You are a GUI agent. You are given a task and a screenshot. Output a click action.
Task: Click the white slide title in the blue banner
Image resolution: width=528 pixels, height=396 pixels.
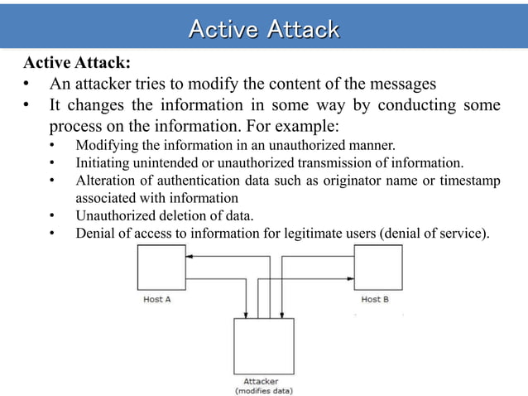pos(264,30)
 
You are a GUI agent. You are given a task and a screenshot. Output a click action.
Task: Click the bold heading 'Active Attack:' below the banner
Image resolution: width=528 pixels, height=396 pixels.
pos(77,64)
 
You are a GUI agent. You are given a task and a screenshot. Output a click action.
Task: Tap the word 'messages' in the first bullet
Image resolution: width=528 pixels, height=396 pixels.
pos(401,85)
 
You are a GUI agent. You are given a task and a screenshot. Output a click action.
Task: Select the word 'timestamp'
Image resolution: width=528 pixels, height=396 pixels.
pos(470,181)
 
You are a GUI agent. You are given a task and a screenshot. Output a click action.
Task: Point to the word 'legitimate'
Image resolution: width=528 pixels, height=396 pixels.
pos(311,234)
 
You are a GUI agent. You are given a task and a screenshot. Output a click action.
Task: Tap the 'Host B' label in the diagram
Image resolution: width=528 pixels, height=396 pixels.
pos(375,299)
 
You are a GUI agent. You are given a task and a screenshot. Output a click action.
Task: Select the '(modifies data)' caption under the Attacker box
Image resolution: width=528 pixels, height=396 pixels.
pos(264,390)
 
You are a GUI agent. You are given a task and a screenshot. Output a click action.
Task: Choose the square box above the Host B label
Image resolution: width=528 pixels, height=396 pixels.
pos(377,267)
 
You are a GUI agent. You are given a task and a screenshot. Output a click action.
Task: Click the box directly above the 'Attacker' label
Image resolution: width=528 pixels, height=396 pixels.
pos(264,346)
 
